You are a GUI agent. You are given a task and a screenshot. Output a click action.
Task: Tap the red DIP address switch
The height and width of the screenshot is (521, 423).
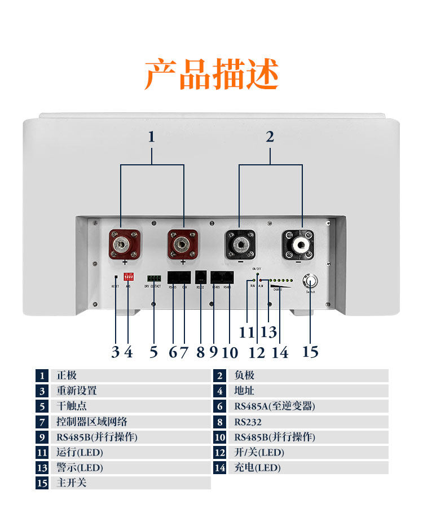pos(128,278)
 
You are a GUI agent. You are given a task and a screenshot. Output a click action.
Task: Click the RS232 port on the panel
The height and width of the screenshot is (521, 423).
pos(200,278)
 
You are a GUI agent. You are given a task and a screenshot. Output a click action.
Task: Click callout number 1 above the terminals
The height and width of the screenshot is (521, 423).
pos(151,136)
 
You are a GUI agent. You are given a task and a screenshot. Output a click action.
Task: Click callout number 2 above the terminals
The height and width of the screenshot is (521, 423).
pos(270,136)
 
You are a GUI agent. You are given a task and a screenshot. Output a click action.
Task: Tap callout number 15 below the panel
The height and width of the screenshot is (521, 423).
pos(310,352)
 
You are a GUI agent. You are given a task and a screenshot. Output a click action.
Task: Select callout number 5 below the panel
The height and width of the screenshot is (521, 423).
pos(153,352)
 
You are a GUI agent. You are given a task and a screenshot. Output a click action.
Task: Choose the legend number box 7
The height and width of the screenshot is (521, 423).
pos(42,422)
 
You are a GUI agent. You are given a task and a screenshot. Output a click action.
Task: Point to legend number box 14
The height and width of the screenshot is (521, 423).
pos(220,467)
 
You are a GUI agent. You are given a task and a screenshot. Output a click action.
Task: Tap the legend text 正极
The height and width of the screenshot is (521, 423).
pos(67,375)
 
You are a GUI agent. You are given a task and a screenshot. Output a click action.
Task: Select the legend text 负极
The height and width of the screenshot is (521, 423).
pos(244,375)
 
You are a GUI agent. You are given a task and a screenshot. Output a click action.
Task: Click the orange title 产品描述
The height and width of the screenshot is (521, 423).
pos(211,75)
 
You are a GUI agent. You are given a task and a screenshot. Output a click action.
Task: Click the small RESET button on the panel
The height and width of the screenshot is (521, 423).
pos(116,277)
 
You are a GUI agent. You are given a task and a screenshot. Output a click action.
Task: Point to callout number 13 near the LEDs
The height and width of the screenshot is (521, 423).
pos(269,332)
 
